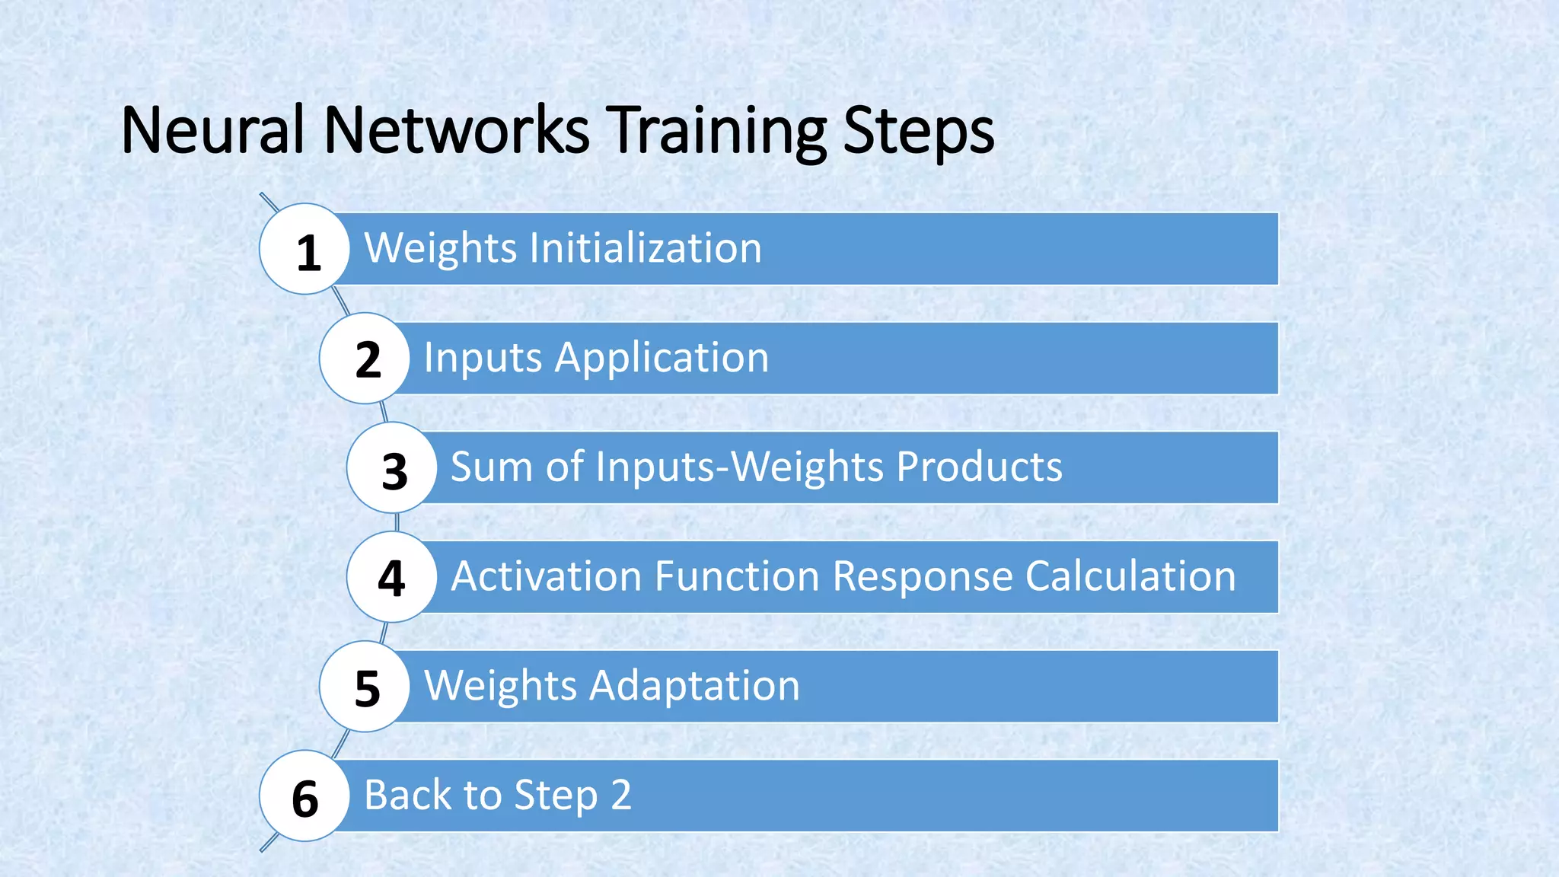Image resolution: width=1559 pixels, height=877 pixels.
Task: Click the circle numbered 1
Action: coord(304,249)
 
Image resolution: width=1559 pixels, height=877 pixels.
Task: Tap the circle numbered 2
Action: coord(365,359)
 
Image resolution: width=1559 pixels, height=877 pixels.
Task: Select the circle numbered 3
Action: coord(392,467)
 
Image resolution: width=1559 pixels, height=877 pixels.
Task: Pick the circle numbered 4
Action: coord(392,577)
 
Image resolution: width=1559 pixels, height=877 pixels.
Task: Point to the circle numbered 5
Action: coord(365,687)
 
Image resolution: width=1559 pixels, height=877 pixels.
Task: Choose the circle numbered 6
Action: coord(304,796)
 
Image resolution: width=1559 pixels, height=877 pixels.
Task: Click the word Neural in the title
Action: coord(212,130)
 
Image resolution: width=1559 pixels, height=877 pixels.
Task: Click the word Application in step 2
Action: coord(662,358)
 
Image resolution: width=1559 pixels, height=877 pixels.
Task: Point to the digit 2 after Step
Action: coord(621,795)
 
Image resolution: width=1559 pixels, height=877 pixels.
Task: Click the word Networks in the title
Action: coord(457,130)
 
